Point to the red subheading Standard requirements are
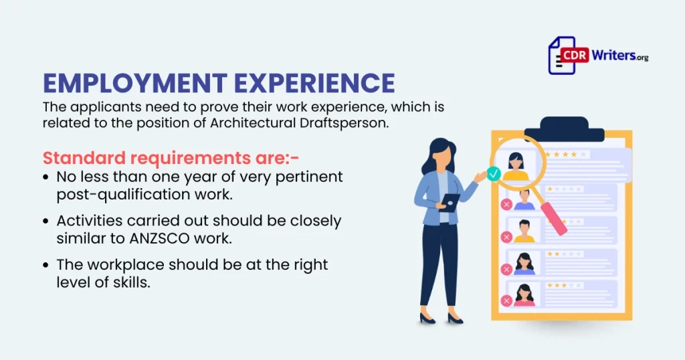(171, 159)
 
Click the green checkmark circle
(494, 175)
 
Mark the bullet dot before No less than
(45, 178)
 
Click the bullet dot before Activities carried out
(45, 221)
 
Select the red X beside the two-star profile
(506, 269)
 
